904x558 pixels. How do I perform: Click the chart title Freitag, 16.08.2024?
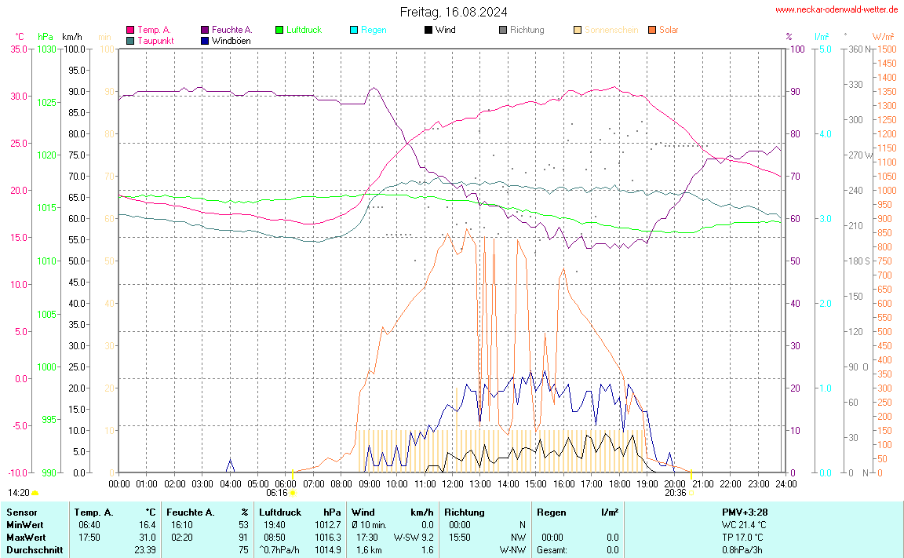point(453,12)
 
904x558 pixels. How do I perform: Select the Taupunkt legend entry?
point(155,40)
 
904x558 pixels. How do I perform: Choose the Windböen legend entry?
point(231,40)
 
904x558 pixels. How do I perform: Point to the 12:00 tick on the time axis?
point(453,483)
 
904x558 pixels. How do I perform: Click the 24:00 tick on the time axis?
point(786,483)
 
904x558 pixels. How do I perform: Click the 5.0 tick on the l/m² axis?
point(826,49)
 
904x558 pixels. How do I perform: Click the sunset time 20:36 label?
point(675,493)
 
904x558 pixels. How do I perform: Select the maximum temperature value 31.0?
point(148,537)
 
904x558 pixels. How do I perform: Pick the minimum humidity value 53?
point(243,524)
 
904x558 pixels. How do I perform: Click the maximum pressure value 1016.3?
point(326,537)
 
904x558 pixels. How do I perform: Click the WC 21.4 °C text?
point(744,524)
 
